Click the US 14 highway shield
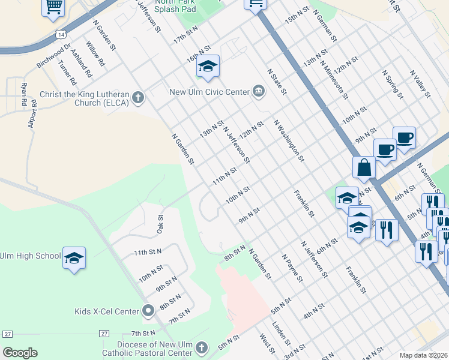point(61,35)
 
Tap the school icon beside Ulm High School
point(74,257)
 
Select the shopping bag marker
point(364,167)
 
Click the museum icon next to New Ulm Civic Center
point(259,92)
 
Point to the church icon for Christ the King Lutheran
point(138,97)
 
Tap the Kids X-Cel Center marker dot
point(149,311)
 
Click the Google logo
point(20,353)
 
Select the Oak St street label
point(160,225)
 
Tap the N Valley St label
point(420,84)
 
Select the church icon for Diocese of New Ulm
point(202,348)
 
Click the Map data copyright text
point(423,355)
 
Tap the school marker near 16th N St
point(208,66)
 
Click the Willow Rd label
point(95,54)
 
